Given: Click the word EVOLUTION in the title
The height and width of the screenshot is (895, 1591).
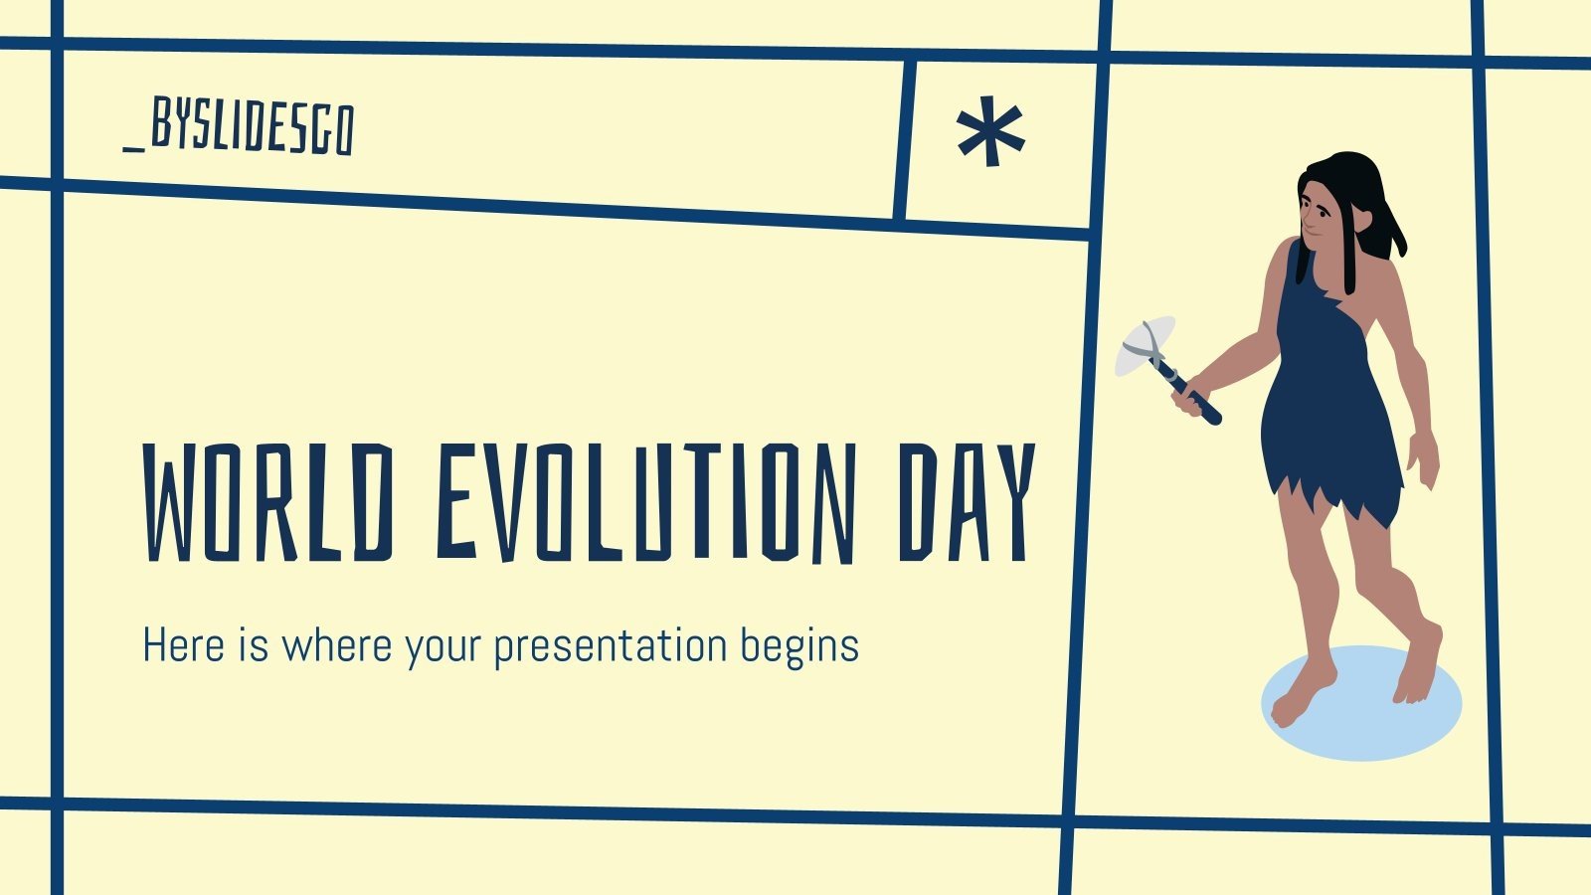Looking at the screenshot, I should [645, 502].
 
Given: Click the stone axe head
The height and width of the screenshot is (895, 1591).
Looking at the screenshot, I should [1144, 345].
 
